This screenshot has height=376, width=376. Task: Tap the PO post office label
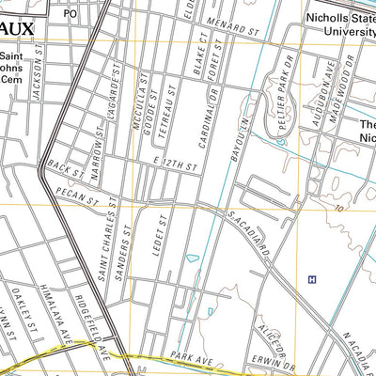coord(70,14)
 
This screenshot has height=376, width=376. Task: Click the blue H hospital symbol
coord(311,279)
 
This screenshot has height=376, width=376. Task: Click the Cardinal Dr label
coord(213,115)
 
